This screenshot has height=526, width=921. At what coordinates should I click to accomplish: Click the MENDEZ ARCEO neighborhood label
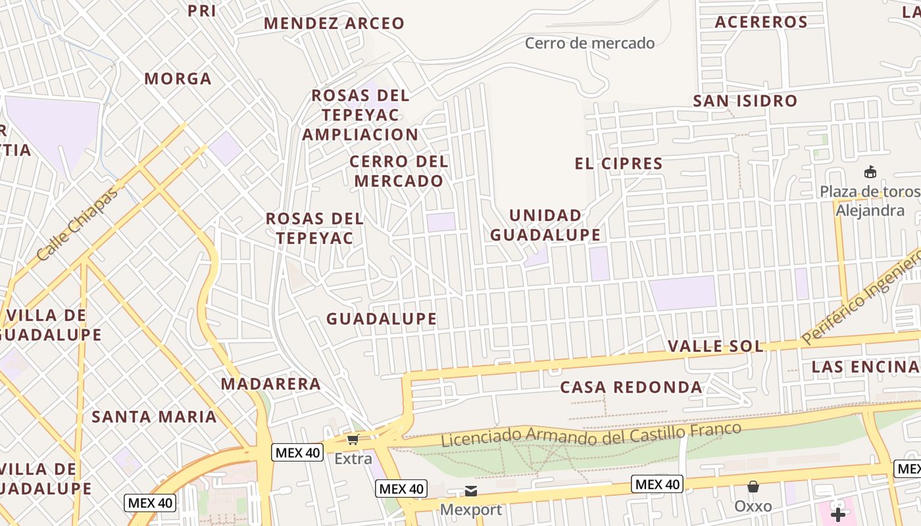coord(334,24)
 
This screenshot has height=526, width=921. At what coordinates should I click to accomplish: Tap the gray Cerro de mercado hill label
coord(589,43)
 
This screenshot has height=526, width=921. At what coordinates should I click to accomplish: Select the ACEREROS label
coord(761,22)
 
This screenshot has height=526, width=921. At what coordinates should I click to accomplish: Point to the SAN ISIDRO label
coord(745,101)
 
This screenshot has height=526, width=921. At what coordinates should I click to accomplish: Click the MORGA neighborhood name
coord(178,79)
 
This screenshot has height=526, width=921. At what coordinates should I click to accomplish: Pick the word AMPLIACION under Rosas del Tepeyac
coord(360,135)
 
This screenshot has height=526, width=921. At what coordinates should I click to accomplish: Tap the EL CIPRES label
coord(618,164)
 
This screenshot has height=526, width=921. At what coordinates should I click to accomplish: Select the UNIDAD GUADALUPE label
coord(545,225)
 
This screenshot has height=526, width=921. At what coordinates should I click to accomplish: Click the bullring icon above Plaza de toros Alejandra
coord(870,172)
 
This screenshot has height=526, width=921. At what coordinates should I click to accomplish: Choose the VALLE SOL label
coord(716,347)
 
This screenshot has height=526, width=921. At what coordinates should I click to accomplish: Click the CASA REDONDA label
coord(631,387)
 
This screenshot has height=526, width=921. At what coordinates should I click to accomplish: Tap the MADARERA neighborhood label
coord(270,384)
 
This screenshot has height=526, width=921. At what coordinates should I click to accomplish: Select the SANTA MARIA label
coord(154,417)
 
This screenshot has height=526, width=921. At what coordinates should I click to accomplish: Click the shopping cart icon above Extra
coord(353,439)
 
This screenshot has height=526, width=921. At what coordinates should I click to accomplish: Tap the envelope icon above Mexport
coord(471,490)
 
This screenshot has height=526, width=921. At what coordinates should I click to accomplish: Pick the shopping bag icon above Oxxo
coord(753,487)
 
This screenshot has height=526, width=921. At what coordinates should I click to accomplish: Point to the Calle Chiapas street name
coord(78,224)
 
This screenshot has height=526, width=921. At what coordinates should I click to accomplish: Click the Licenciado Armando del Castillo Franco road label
coord(591,435)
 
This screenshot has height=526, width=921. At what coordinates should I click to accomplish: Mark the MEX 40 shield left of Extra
coord(297,452)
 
